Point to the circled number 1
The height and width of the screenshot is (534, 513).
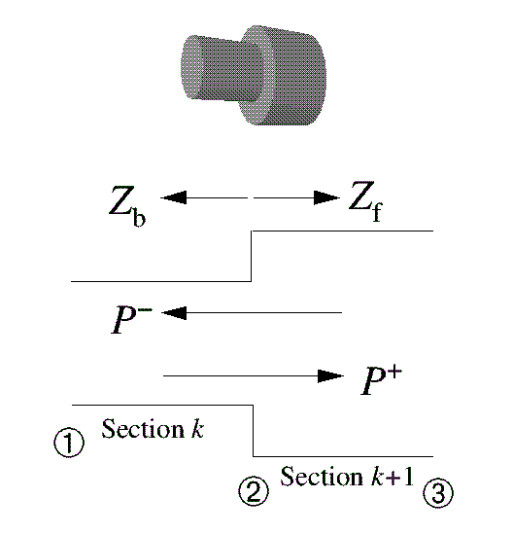(x=67, y=443)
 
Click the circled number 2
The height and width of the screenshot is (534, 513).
(x=253, y=493)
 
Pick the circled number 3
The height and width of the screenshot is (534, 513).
(x=437, y=493)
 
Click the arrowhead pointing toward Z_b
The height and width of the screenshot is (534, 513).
(x=173, y=197)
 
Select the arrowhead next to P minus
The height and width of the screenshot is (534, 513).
(x=176, y=312)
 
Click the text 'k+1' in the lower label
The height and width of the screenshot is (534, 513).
(x=394, y=477)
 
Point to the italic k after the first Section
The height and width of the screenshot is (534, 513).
(x=197, y=429)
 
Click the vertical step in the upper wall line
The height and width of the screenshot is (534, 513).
(x=253, y=256)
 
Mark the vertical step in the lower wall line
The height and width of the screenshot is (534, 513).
(x=254, y=430)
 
